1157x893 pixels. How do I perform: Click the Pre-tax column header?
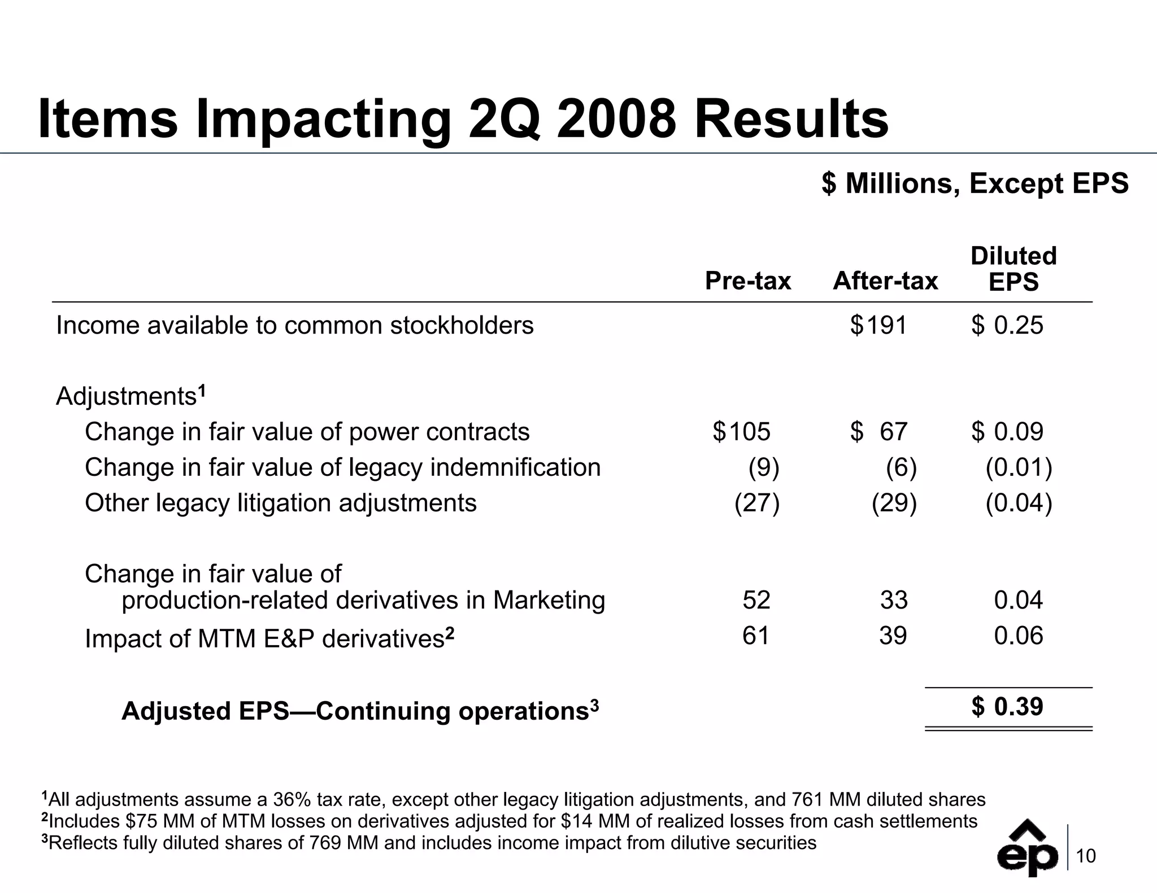tap(747, 281)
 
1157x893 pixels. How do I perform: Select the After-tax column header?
tap(885, 281)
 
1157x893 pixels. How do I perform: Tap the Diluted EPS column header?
tap(1013, 269)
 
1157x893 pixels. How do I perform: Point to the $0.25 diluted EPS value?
tap(1007, 326)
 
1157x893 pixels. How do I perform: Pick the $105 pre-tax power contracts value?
tap(741, 432)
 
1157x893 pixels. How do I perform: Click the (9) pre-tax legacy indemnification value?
tap(763, 467)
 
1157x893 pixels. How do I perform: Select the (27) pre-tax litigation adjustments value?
tap(756, 503)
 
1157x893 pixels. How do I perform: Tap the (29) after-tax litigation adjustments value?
tap(894, 503)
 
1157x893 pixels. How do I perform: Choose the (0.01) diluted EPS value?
tap(1019, 467)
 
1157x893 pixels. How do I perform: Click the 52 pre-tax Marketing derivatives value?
tap(756, 600)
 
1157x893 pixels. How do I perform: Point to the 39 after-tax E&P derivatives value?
tap(893, 636)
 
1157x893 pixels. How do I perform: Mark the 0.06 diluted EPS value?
tap(1018, 636)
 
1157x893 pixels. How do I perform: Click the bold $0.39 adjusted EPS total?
tap(1007, 707)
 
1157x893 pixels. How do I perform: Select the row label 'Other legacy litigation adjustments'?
tap(280, 503)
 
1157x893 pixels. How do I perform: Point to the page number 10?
tap(1086, 857)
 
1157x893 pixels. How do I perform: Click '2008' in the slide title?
tap(616, 120)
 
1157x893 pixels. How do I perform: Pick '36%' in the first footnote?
tap(292, 800)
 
